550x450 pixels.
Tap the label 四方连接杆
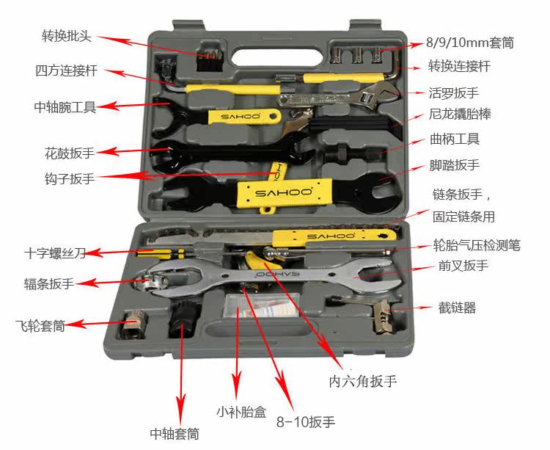[x=66, y=71]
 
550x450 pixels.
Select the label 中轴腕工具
[x=65, y=107]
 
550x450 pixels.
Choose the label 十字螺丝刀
[x=54, y=254]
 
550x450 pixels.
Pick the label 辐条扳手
[x=48, y=283]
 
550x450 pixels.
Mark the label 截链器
[x=457, y=308]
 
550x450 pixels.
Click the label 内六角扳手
[x=363, y=382]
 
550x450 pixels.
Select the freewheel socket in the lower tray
[x=136, y=324]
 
